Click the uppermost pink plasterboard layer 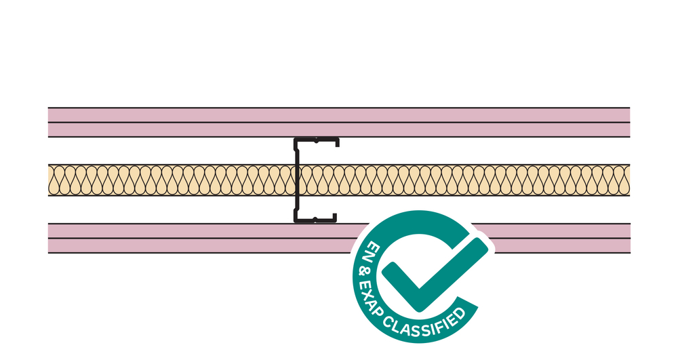[338, 115]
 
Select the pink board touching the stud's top [338, 129]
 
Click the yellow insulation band [338, 180]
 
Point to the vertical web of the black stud [297, 180]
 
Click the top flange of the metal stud [316, 140]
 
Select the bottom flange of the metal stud [315, 220]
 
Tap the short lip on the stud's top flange [337, 143]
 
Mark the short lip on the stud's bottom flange [335, 218]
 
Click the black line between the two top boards [338, 122]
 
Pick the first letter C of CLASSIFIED [388, 321]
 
